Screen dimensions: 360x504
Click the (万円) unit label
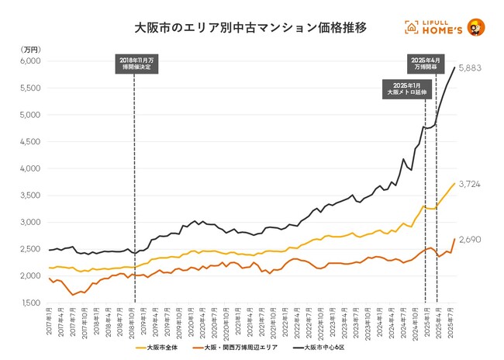(x=27, y=49)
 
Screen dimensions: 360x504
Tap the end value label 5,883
(x=470, y=68)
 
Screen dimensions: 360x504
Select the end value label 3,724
(x=470, y=184)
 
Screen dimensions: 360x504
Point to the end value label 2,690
(x=470, y=240)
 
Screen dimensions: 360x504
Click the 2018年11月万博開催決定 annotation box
(x=135, y=64)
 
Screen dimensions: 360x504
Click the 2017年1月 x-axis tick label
(x=50, y=323)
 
